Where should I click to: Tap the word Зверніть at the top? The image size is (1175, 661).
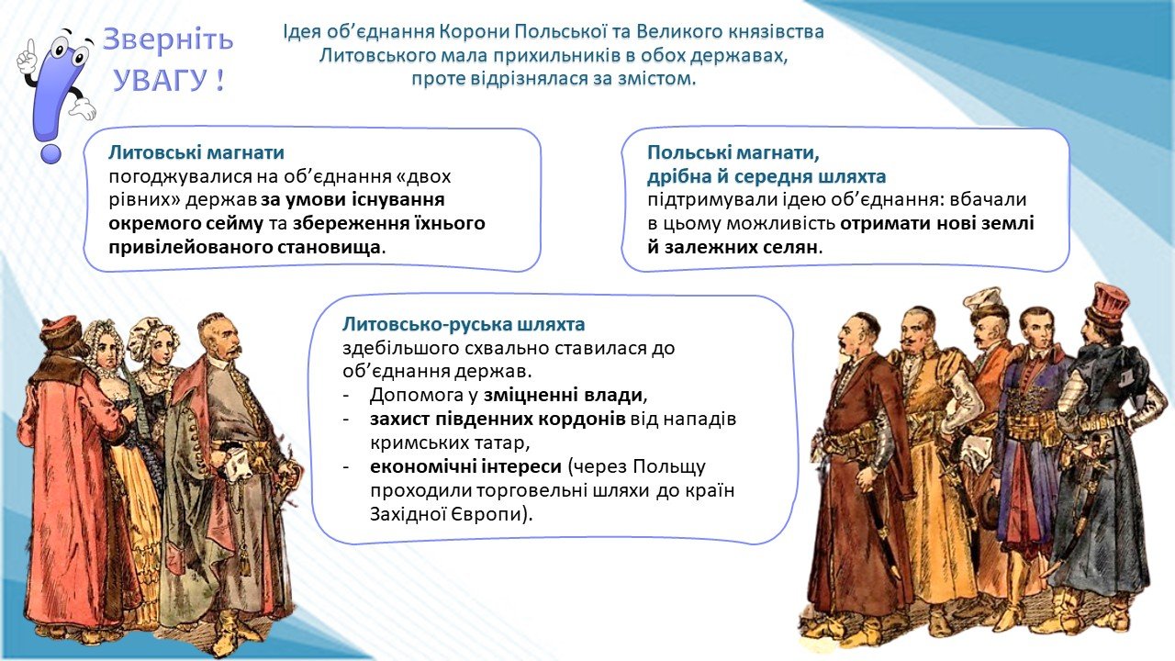click(x=168, y=39)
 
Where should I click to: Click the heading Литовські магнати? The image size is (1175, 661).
click(x=196, y=152)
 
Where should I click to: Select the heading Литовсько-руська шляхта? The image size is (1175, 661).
click(x=464, y=324)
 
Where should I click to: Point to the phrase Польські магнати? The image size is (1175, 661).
click(x=733, y=153)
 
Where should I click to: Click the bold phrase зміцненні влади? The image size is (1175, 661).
click(x=563, y=395)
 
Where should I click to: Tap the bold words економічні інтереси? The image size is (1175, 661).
click(x=465, y=465)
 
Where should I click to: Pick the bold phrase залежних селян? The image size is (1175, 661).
click(x=741, y=247)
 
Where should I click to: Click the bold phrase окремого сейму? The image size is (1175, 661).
click(x=185, y=224)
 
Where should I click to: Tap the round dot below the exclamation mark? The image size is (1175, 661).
click(x=50, y=152)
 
